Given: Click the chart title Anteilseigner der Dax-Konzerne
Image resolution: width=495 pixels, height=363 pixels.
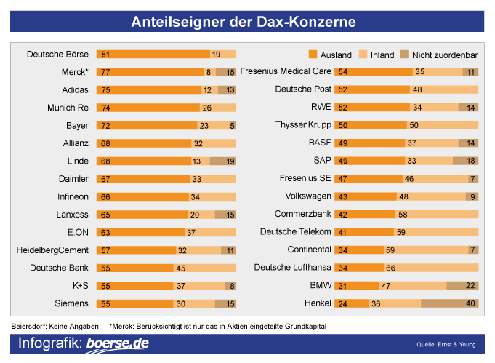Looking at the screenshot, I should (x=244, y=22).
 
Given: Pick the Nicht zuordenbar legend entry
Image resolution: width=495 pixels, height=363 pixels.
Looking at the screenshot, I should (x=439, y=55).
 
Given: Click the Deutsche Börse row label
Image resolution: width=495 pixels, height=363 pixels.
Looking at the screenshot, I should (x=58, y=55).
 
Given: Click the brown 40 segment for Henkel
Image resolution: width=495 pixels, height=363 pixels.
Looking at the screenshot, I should (x=449, y=303).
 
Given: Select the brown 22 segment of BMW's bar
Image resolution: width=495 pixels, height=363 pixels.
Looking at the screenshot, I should (x=462, y=286).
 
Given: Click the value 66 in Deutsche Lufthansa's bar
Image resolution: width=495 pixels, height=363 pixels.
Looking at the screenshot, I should (x=390, y=268).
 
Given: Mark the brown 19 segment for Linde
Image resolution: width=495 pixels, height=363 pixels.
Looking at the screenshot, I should (x=223, y=161).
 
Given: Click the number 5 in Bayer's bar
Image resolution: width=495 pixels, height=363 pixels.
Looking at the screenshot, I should (x=232, y=126).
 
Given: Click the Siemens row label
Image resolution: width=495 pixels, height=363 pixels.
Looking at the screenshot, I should (x=73, y=303).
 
